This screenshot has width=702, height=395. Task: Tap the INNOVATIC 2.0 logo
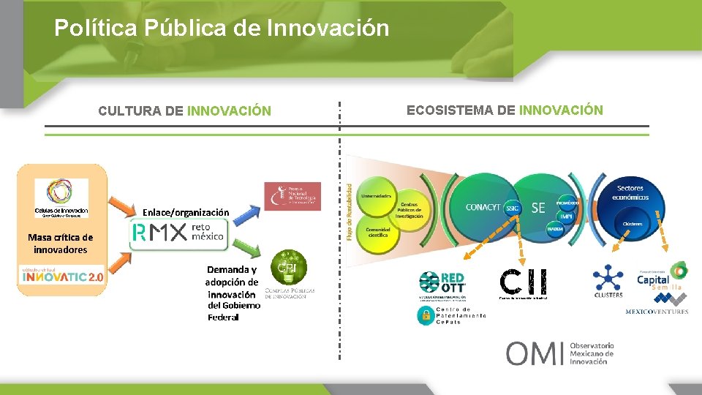(x=62, y=277)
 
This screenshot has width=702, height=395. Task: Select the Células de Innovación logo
(x=61, y=197)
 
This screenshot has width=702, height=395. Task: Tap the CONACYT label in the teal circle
(x=484, y=207)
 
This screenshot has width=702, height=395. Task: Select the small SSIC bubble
(x=512, y=208)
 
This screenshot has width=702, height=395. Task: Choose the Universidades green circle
(x=376, y=196)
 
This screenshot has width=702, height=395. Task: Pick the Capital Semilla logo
(x=660, y=277)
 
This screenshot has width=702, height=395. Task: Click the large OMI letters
(x=535, y=353)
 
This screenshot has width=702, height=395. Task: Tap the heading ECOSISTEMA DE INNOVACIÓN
(x=505, y=110)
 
